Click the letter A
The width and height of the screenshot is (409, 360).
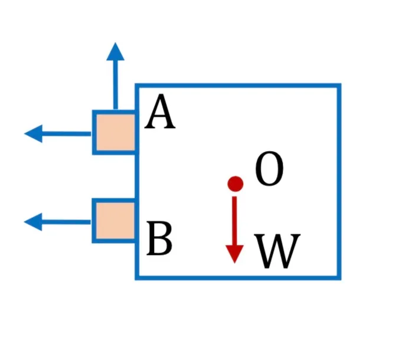coord(160,112)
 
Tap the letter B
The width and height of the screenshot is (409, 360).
coord(159,238)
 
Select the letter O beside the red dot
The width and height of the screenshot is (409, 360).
coord(269,169)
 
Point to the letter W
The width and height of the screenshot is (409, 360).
coord(277,251)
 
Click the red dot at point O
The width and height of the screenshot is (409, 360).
coord(235,184)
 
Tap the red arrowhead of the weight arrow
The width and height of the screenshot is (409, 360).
coord(235,254)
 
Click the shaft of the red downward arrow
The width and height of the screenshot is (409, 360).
coord(234,221)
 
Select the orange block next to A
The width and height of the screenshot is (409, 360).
coord(115,132)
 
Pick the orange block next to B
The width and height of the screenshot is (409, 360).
coord(114,221)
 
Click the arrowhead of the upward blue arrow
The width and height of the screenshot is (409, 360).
coord(115,52)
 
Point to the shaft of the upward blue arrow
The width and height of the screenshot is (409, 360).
coord(116,85)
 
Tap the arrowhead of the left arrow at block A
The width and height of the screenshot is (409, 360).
coord(34,133)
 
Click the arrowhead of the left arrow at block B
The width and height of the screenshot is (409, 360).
coord(33,222)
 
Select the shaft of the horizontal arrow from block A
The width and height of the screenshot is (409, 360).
coord(67,134)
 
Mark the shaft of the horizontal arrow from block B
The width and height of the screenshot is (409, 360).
coord(66,222)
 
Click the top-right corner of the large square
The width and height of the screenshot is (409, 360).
coord(339,86)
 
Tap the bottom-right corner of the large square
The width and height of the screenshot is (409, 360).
coord(339,278)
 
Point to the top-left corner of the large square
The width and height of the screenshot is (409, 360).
coord(137,86)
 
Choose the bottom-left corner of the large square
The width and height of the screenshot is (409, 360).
coord(137,278)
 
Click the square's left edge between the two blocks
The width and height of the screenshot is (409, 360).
coord(137,176)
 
